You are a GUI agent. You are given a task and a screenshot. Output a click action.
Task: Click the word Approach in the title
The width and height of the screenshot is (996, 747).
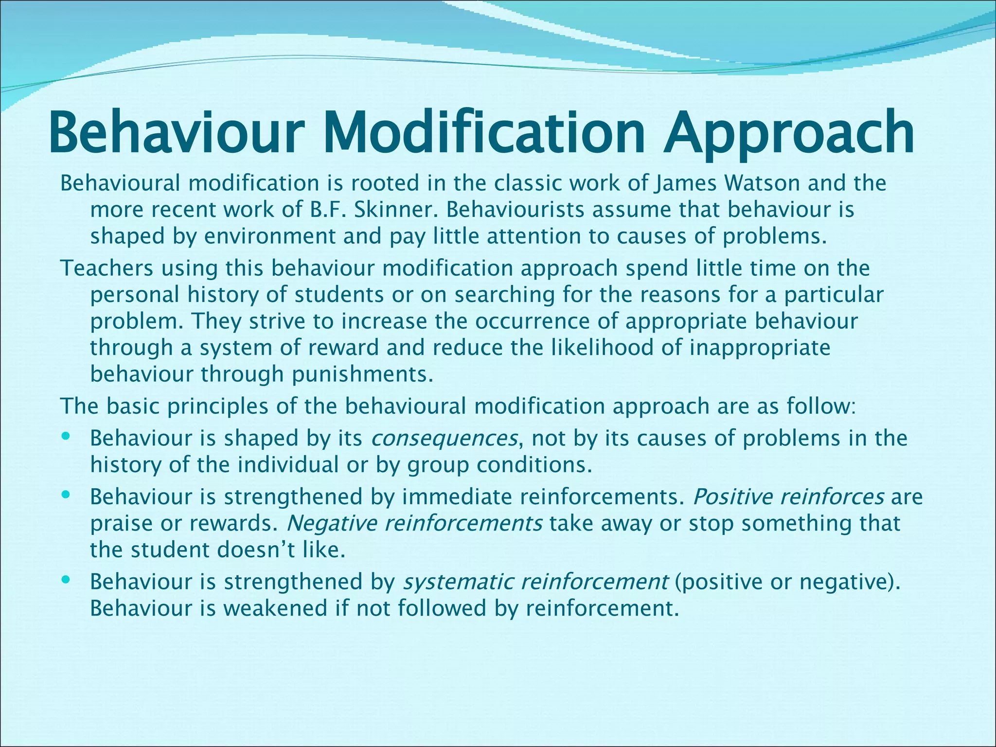(789, 132)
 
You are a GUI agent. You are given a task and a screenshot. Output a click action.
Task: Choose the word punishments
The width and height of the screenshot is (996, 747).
(362, 374)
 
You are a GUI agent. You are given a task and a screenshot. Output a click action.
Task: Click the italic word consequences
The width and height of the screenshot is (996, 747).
(444, 438)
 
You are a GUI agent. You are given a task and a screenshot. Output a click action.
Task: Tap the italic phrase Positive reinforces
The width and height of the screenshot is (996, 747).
(788, 497)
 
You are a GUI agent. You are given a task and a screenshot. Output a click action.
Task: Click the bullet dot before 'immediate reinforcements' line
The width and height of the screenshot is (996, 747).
(67, 495)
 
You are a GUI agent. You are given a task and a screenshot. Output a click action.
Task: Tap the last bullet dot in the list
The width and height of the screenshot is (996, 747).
(67, 580)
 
